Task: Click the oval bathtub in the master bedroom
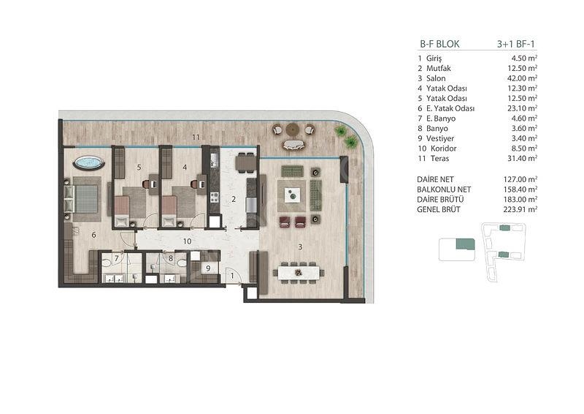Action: coord(88,163)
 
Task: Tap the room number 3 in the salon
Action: coord(300,246)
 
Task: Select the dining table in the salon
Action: coord(299,273)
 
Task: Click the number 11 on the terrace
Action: coord(196,137)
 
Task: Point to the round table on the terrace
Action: coord(293,129)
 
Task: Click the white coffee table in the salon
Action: coord(293,195)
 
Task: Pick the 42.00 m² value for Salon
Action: coord(520,78)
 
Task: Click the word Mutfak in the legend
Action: coord(439,68)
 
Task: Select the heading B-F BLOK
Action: coord(440,44)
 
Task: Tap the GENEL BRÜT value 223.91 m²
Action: coord(520,209)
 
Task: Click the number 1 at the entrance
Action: coord(232,276)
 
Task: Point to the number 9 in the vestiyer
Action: coord(208,268)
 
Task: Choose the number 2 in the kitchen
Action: coord(234,200)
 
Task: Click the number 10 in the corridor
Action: coord(187,241)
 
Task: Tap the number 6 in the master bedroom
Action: coord(93,235)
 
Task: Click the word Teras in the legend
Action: coord(440,158)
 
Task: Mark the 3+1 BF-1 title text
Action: coord(516,44)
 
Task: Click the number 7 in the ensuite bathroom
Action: coord(117,258)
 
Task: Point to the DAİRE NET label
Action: coord(435,179)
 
